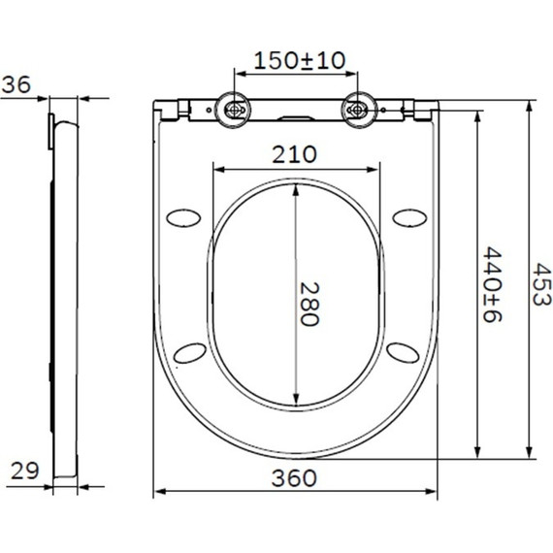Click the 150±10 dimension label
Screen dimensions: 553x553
click(298, 60)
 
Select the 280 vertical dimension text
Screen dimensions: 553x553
click(308, 305)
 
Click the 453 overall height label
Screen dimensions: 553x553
click(540, 286)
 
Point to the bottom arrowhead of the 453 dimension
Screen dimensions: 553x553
click(529, 454)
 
